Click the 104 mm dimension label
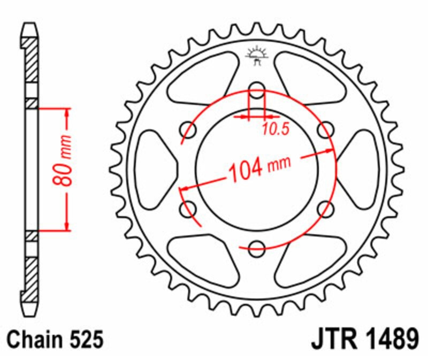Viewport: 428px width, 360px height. [x=259, y=168]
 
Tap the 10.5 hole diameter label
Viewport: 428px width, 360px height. [x=276, y=129]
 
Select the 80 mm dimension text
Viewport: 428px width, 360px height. [x=63, y=160]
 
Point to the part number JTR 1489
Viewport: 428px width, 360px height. [x=365, y=339]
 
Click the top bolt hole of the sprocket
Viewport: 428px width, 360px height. [x=257, y=90]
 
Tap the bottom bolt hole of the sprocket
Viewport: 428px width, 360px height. [x=257, y=249]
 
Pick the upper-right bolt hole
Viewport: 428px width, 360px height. [x=326, y=130]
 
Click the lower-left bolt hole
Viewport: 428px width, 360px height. [x=188, y=210]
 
